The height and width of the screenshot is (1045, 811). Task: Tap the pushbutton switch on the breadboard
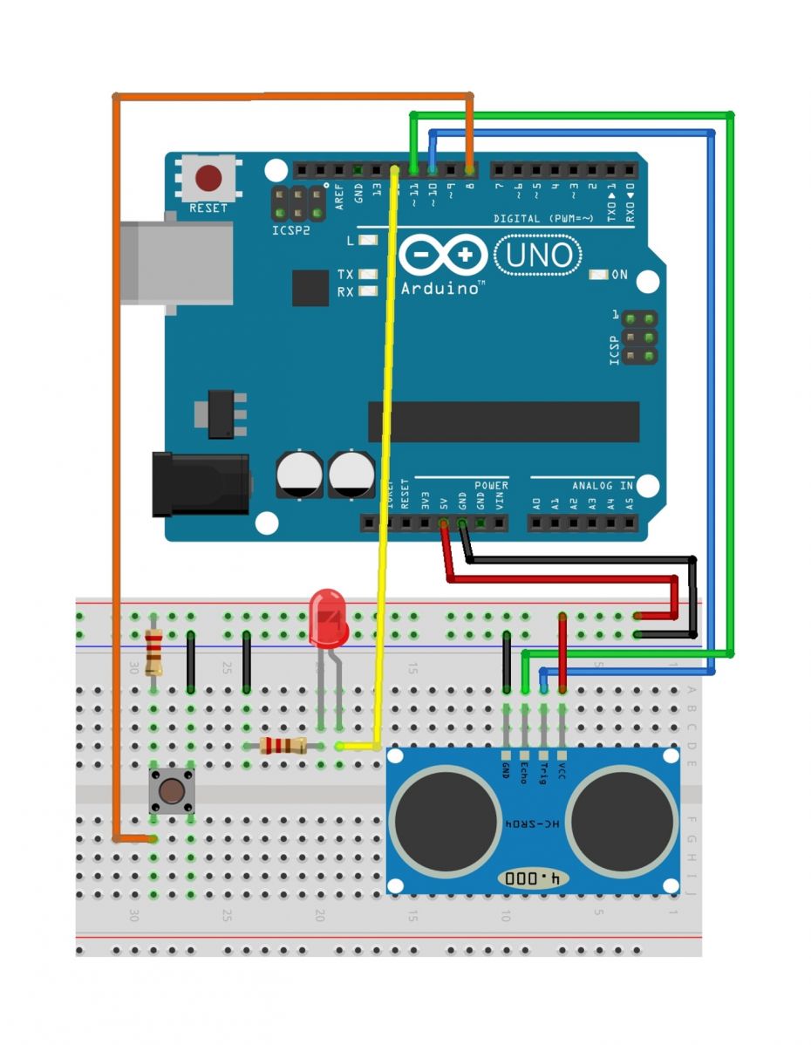pyautogui.click(x=172, y=792)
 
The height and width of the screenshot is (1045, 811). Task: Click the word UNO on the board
pyautogui.click(x=539, y=255)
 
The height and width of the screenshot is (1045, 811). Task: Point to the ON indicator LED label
pyautogui.click(x=619, y=275)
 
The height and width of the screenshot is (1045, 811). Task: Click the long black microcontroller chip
pyautogui.click(x=503, y=422)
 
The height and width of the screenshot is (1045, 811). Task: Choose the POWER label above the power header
pyautogui.click(x=491, y=485)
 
